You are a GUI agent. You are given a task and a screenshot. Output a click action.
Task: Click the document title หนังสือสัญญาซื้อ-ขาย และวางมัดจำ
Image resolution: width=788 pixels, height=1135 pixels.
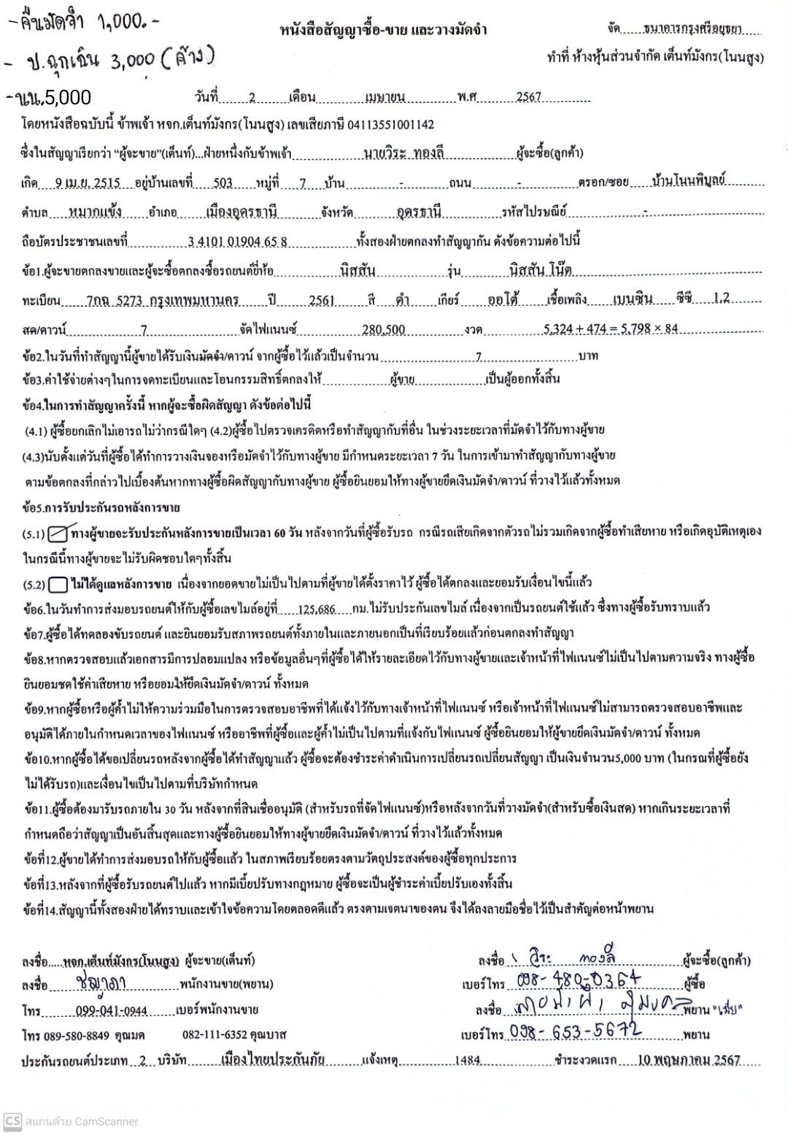tap(383, 30)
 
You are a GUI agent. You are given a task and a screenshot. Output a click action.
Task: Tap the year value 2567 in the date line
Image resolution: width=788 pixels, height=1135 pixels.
tap(528, 97)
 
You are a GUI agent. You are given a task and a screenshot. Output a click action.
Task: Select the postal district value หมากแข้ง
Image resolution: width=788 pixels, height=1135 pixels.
tap(95, 212)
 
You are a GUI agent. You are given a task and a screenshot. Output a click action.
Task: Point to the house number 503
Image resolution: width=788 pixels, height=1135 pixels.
tap(223, 182)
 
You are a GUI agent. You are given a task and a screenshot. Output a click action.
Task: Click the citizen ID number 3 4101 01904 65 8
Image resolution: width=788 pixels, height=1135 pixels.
tap(237, 242)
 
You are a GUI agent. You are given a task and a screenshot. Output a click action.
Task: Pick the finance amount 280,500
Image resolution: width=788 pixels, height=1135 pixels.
tap(383, 330)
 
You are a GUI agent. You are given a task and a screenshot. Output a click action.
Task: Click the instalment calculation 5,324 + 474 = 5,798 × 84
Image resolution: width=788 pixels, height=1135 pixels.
tap(610, 329)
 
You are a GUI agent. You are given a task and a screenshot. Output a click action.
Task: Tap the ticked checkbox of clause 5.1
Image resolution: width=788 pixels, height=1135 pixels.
tap(58, 534)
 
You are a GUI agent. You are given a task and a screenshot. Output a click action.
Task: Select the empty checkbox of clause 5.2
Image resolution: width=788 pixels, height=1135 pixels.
tap(58, 585)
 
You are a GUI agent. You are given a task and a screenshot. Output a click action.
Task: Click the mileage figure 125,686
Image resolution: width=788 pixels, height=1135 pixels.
tap(317, 609)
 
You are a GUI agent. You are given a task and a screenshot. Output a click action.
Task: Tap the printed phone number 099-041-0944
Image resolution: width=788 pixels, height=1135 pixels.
tap(111, 1011)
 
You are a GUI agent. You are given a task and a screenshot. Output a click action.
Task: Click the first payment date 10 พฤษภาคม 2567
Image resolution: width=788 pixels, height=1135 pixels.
tap(689, 1060)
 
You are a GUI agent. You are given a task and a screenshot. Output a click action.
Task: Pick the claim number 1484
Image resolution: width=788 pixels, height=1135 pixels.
tap(468, 1061)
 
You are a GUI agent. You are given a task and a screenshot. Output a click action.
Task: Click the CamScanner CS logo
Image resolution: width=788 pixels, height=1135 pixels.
tap(12, 1121)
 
